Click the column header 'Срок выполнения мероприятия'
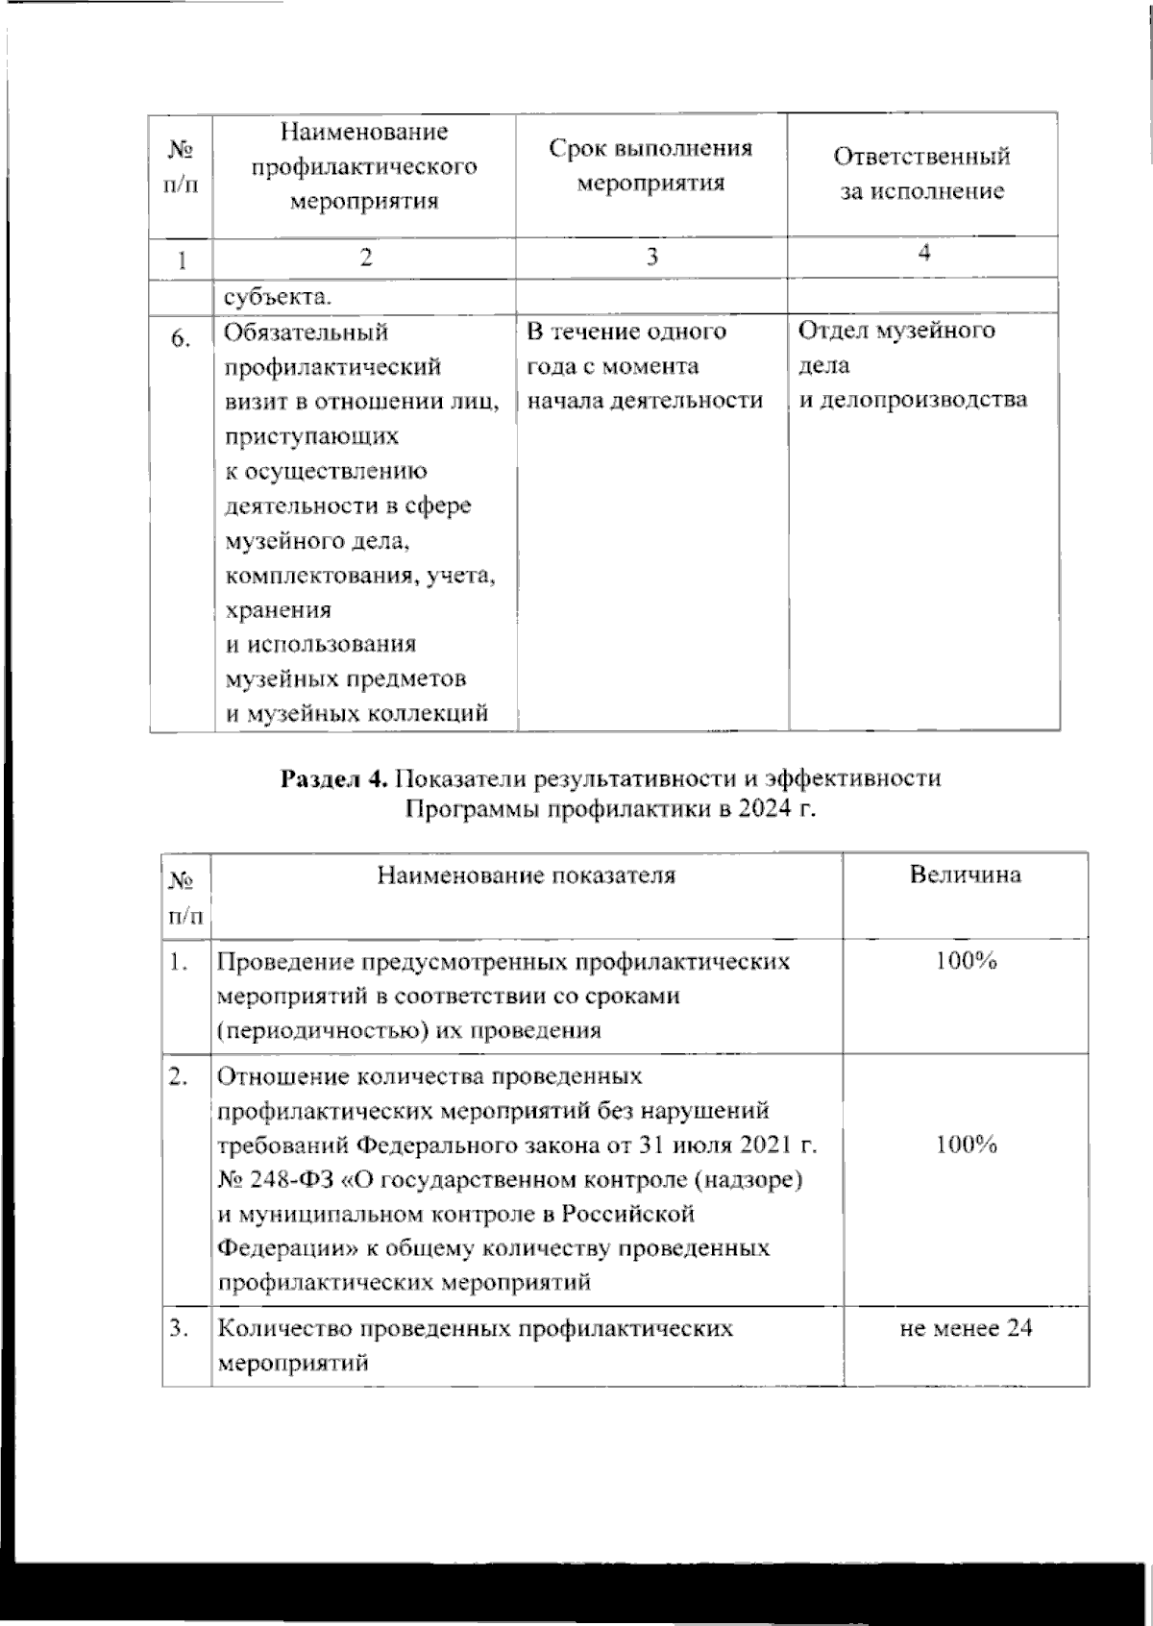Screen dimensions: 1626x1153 (650, 165)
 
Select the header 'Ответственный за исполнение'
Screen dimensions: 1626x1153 (921, 173)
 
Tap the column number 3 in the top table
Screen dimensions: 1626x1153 (651, 257)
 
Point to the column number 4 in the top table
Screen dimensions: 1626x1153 (923, 253)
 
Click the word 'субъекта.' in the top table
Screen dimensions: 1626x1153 (278, 296)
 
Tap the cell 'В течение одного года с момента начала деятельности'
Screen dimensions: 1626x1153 (644, 366)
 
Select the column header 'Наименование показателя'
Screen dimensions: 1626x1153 (526, 875)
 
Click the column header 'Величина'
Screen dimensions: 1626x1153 (965, 875)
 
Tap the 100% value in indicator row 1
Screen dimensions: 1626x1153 (967, 961)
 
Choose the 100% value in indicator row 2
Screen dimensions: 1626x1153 (967, 1144)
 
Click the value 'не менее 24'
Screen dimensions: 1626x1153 (966, 1328)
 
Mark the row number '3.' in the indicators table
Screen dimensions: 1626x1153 (179, 1328)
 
